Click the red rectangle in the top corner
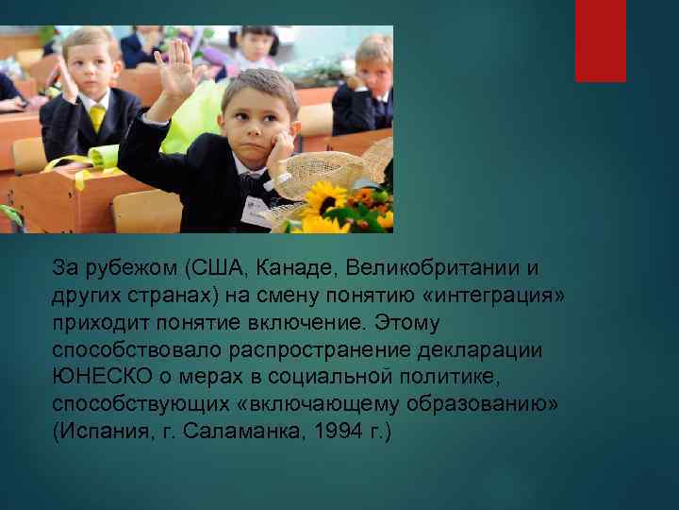[601, 41]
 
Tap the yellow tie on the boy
[97, 118]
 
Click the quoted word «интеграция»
[494, 296]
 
